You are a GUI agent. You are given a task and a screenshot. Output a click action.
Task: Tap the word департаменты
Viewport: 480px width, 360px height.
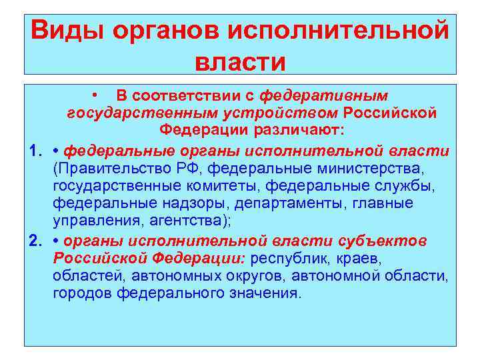click(x=280, y=203)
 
